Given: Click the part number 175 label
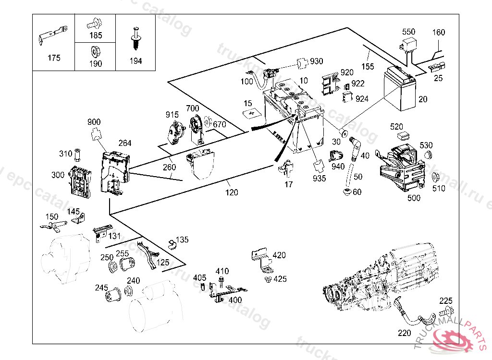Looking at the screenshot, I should pyautogui.click(x=54, y=58).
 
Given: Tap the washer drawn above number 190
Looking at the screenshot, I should pyautogui.click(x=95, y=51).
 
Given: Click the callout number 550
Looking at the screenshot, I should pyautogui.click(x=408, y=32).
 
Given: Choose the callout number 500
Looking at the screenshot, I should pyautogui.click(x=414, y=198).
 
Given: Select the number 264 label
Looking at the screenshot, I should pyautogui.click(x=125, y=143).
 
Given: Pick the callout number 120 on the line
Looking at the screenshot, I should pyautogui.click(x=232, y=192).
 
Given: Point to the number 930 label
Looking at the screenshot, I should pyautogui.click(x=317, y=61).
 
